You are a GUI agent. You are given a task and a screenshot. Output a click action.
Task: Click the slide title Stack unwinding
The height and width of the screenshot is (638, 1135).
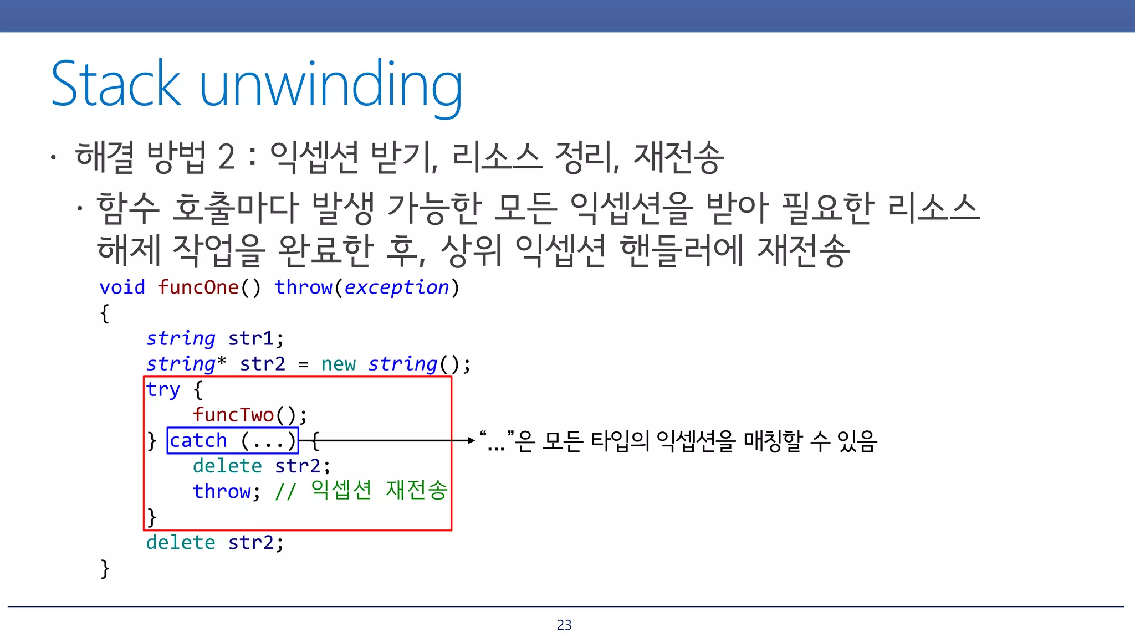tap(256, 84)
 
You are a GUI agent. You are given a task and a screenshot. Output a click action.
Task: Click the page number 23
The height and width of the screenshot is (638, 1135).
tap(564, 625)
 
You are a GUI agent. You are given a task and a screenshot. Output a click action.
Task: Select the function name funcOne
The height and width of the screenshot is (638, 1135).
tap(198, 287)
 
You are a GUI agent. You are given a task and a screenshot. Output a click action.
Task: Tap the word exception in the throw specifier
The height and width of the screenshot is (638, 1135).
tap(396, 287)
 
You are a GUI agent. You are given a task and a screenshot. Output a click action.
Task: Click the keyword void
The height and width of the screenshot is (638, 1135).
tap(122, 287)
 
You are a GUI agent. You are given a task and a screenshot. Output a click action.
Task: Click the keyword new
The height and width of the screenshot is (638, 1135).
tap(338, 364)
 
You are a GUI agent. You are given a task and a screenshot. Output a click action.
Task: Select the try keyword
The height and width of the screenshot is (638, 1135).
tap(163, 390)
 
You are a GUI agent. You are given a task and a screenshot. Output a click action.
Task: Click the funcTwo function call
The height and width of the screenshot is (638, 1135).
tap(233, 415)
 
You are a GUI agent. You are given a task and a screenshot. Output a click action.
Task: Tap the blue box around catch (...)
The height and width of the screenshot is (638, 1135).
tap(233, 441)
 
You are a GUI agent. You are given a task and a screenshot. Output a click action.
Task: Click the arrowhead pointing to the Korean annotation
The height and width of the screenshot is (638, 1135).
tap(471, 441)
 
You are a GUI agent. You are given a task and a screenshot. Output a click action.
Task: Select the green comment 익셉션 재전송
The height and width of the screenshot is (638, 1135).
tap(379, 491)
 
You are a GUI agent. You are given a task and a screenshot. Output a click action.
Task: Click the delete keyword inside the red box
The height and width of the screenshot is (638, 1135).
tap(227, 466)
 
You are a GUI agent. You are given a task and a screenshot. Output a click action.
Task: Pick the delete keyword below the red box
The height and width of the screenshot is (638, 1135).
tap(181, 543)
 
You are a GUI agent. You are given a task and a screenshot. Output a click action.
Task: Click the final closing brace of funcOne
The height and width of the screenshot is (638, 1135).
tap(105, 569)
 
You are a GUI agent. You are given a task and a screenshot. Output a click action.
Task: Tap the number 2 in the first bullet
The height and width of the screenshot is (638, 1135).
tap(227, 157)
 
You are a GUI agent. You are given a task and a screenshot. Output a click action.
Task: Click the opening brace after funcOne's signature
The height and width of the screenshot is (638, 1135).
tap(105, 313)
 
